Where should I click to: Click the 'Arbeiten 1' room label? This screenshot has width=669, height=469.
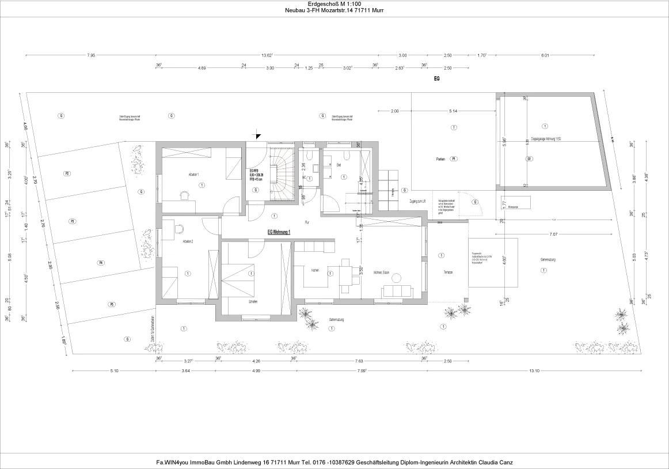(193, 174)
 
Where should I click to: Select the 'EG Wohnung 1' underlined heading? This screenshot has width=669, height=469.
(279, 232)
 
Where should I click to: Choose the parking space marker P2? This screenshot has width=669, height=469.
(67, 173)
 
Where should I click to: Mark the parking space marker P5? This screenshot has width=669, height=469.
(112, 304)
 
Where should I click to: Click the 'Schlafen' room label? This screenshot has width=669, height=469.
(253, 302)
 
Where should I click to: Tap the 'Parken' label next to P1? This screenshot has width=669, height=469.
(440, 158)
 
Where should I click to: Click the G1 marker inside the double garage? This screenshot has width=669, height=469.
(529, 158)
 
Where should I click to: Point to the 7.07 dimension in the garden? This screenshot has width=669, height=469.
(553, 234)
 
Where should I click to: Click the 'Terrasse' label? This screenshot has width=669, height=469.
(448, 272)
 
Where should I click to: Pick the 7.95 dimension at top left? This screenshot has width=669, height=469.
(91, 55)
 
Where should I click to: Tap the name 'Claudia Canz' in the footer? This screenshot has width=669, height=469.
(497, 462)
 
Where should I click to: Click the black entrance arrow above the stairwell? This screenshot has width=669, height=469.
(257, 135)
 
